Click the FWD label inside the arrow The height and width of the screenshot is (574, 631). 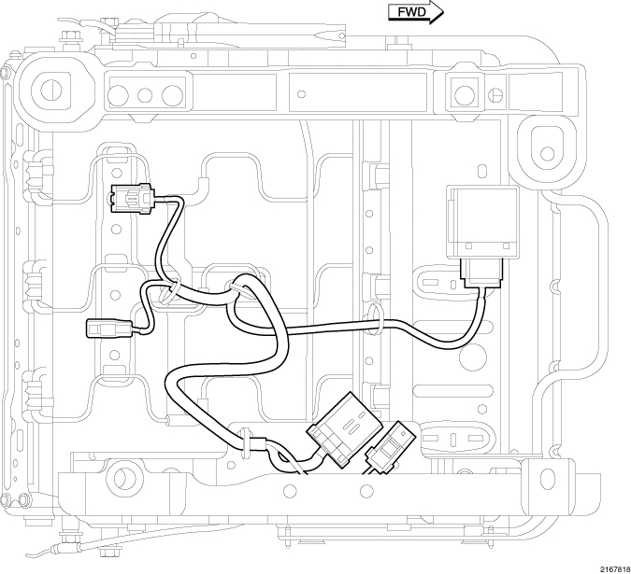tap(410, 12)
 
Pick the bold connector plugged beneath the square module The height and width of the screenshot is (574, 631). tap(482, 273)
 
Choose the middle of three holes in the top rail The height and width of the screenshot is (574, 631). tap(146, 94)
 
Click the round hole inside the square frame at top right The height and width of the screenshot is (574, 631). tap(462, 92)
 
